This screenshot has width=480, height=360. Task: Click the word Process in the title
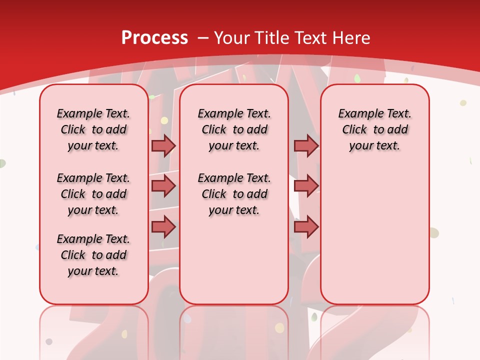tap(154, 38)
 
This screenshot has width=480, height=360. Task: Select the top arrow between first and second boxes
tap(163, 145)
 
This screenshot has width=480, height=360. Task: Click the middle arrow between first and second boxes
tap(163, 186)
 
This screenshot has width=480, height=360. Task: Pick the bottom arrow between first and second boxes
tap(163, 227)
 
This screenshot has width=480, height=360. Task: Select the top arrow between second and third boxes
tap(305, 145)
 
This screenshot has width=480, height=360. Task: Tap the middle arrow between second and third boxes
tap(305, 186)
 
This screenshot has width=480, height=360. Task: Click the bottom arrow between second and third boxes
tap(305, 227)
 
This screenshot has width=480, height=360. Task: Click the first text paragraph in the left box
tap(93, 129)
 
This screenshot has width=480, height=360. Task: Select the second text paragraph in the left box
tap(93, 194)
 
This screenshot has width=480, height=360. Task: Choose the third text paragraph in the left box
tap(93, 255)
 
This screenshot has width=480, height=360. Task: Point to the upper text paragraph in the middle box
tap(234, 129)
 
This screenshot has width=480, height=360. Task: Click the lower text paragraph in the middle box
tap(234, 194)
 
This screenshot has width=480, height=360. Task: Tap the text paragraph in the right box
tap(375, 129)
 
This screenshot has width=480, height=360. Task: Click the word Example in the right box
tap(358, 114)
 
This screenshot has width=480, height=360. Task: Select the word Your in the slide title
tap(233, 38)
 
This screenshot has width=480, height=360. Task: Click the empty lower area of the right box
tap(375, 240)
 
